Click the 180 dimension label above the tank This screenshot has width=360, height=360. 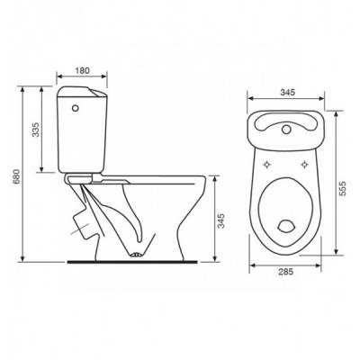click(x=82, y=70)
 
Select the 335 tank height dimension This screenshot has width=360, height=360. click(x=36, y=130)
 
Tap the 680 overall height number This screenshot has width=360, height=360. click(x=17, y=176)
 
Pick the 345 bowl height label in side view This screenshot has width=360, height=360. click(x=220, y=220)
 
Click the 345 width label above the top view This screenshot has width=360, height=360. click(x=288, y=93)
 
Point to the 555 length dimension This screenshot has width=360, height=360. click(x=342, y=188)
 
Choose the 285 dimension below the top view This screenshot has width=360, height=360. click(x=285, y=272)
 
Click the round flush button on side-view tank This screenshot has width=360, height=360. click(x=76, y=107)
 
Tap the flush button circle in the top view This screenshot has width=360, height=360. click(x=286, y=130)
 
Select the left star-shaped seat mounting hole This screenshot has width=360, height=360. click(x=266, y=165)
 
